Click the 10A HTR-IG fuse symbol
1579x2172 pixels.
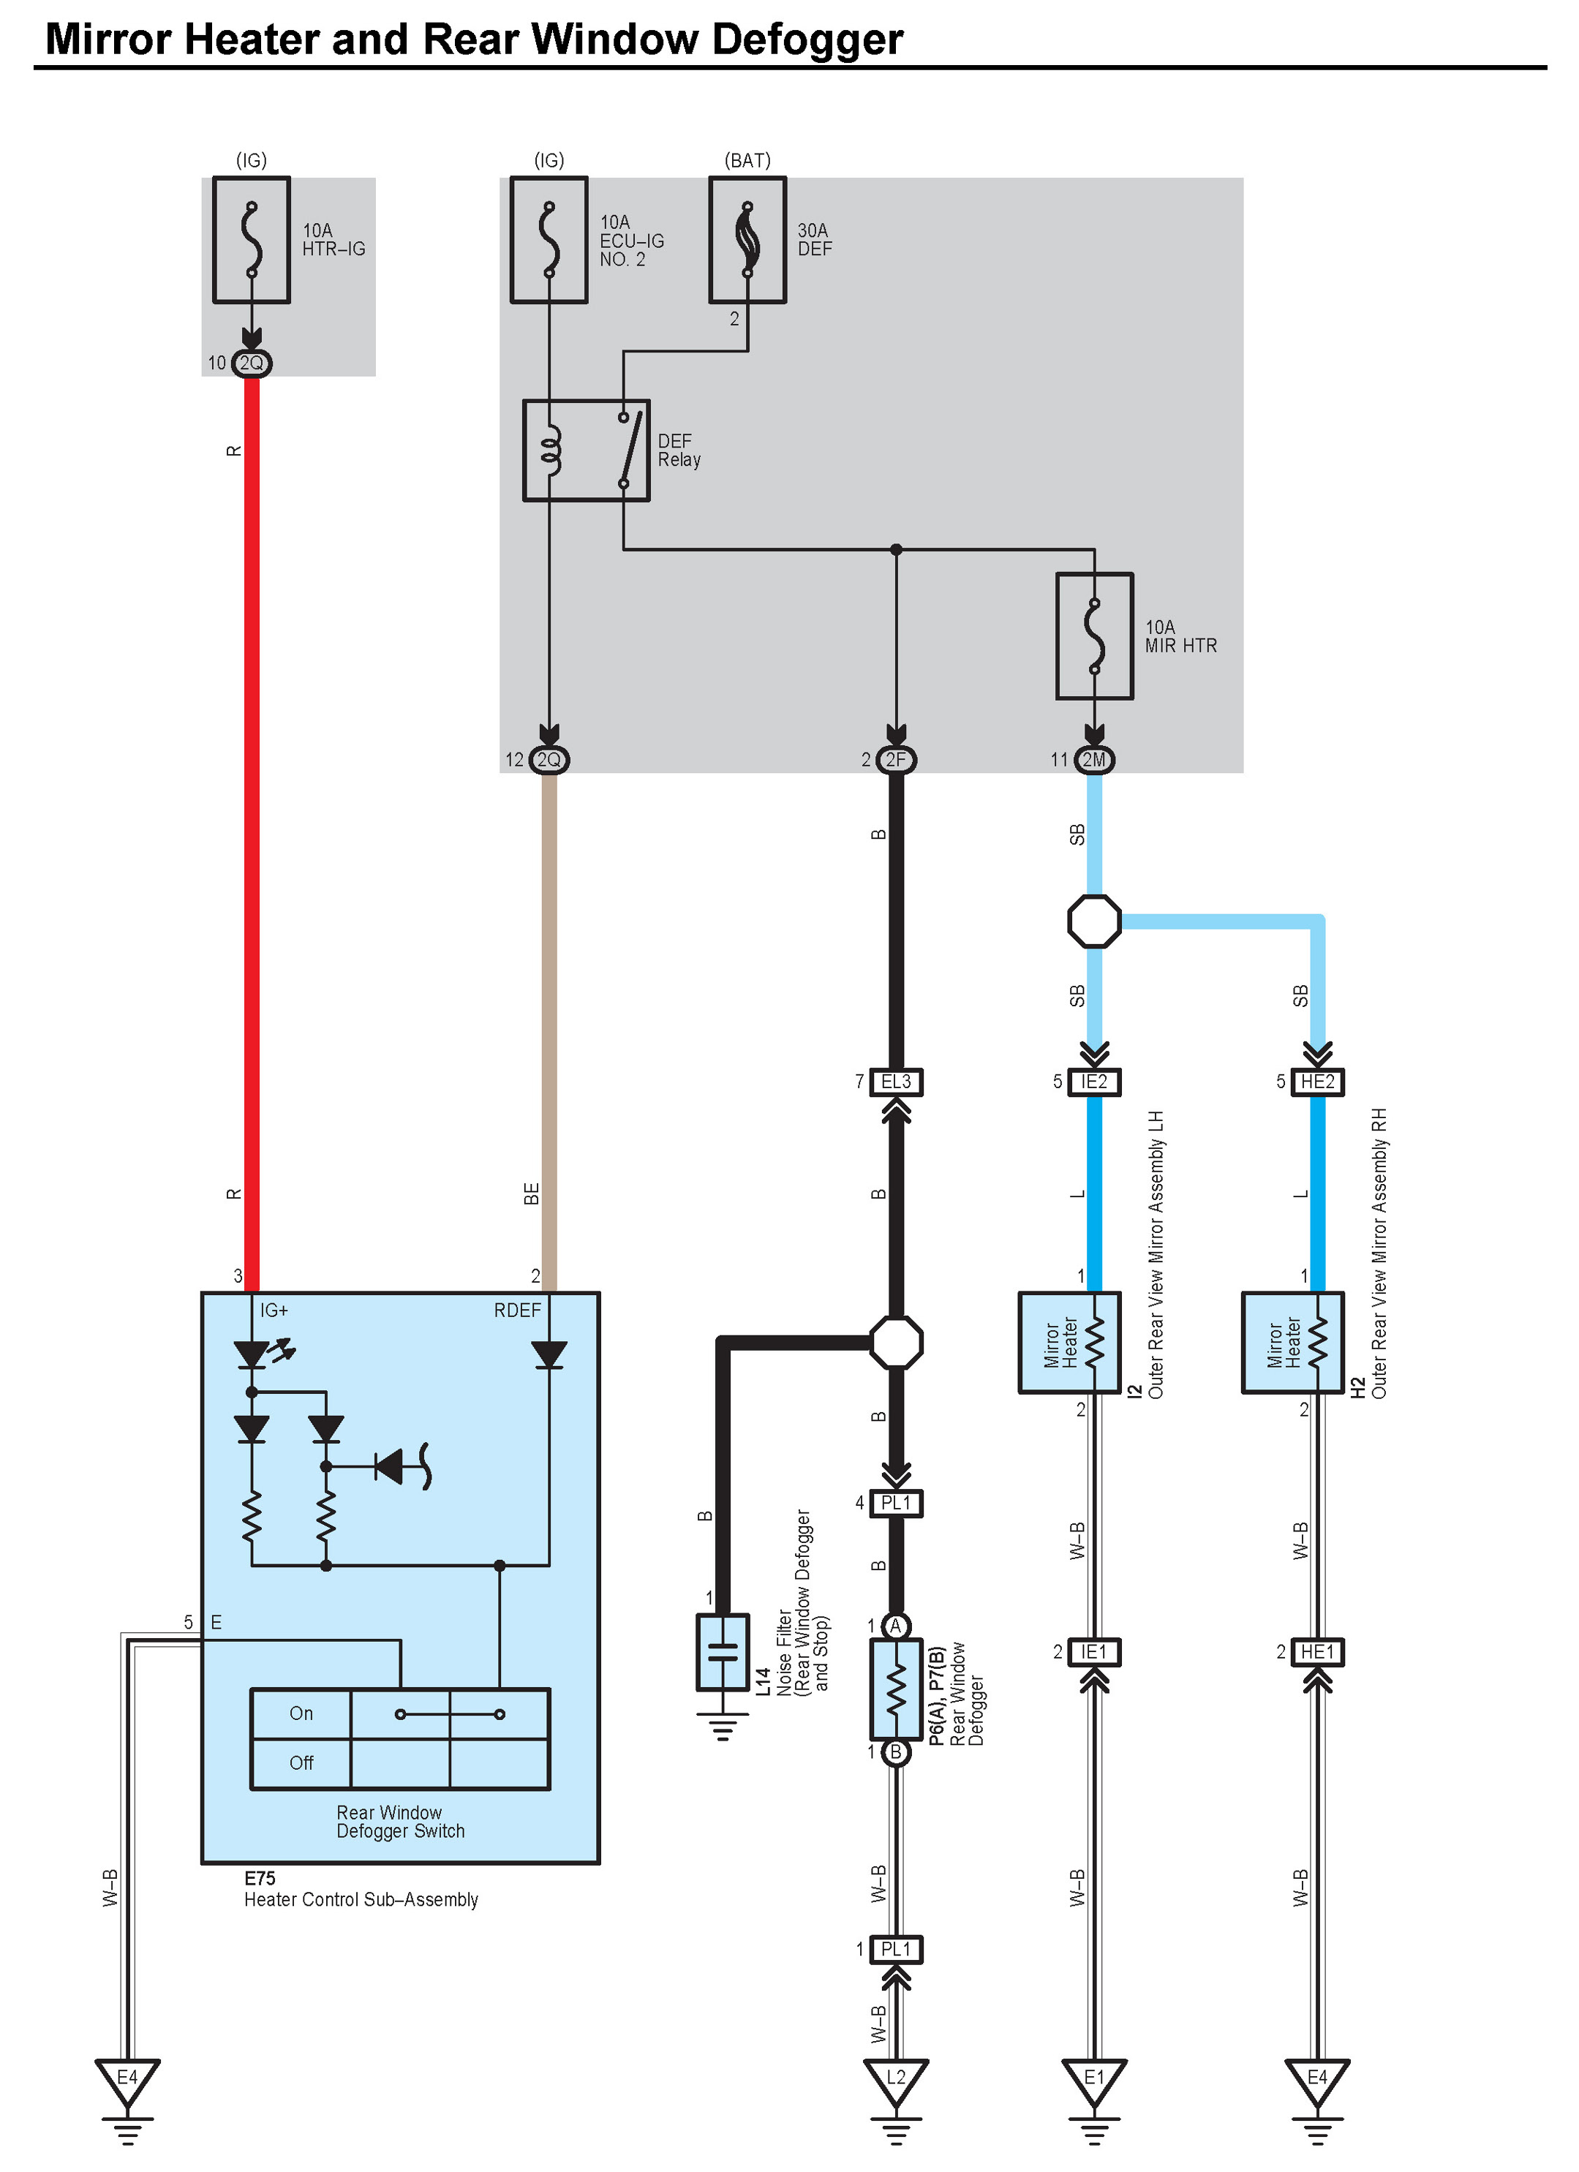coord(251,239)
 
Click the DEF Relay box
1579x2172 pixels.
coord(586,450)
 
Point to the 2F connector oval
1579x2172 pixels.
coord(895,759)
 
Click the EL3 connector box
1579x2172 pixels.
coord(895,1081)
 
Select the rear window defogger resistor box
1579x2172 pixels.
coord(895,1689)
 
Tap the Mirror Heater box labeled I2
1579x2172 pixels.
coord(1069,1342)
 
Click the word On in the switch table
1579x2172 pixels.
coord(301,1713)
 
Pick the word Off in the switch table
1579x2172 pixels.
coord(301,1763)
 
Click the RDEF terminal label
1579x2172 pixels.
coord(517,1310)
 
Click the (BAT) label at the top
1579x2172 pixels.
coord(747,160)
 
